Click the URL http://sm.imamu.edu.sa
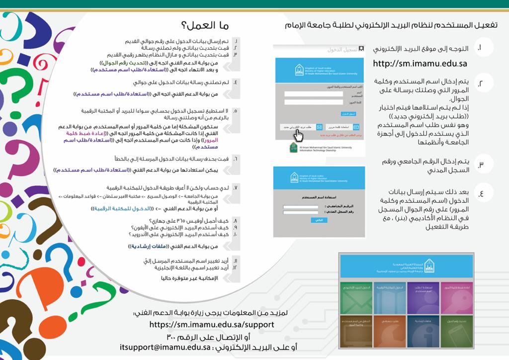(420, 63)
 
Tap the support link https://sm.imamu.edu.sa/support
(212, 324)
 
